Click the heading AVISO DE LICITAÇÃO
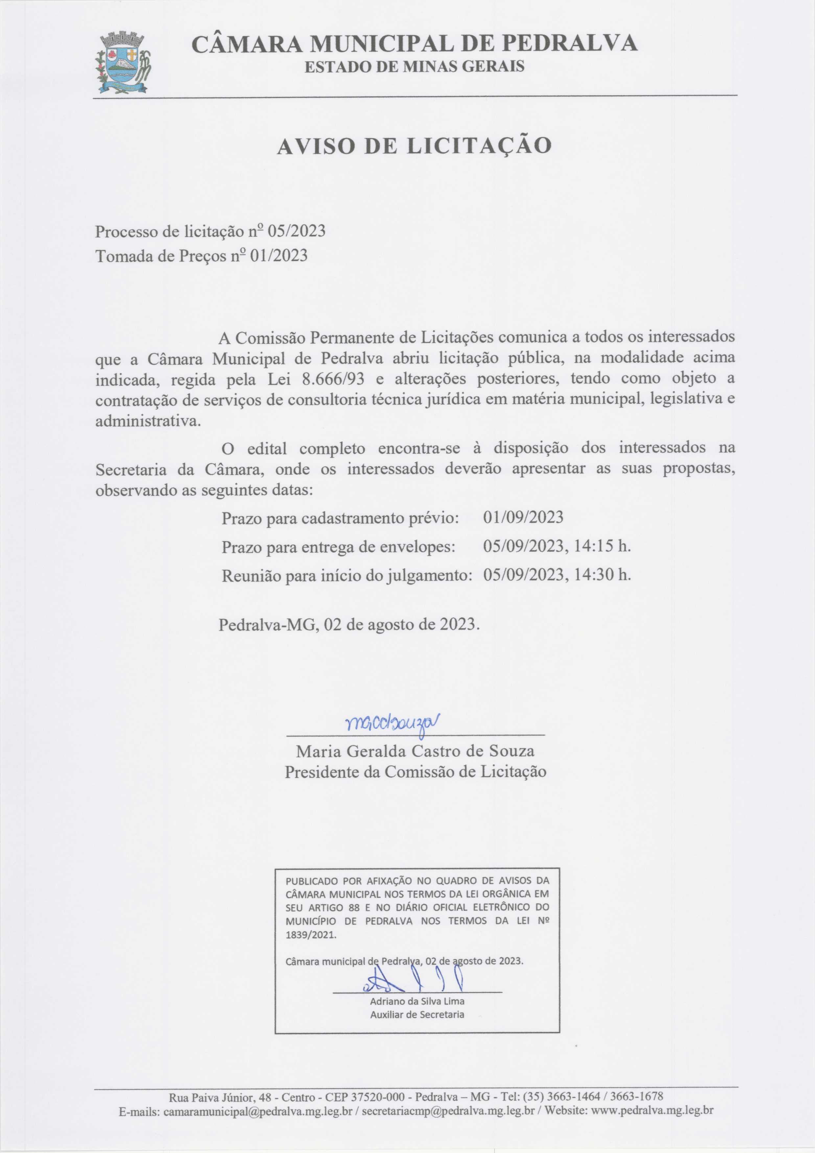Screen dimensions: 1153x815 (414, 146)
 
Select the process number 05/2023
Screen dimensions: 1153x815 (296, 231)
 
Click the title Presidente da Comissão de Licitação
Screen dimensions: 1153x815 (415, 772)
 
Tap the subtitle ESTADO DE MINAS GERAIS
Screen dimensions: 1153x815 (414, 66)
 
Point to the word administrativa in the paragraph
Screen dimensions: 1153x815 (148, 421)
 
